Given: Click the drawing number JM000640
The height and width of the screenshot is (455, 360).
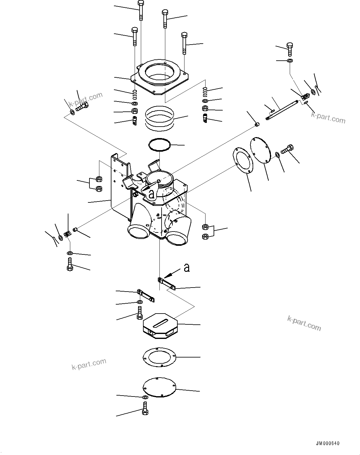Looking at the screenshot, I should click(x=328, y=444).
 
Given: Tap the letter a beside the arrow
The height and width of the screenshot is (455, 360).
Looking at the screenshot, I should click(x=186, y=267).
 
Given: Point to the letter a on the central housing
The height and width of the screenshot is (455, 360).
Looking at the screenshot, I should click(x=151, y=194).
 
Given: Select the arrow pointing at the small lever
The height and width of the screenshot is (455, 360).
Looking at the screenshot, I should click(x=171, y=273).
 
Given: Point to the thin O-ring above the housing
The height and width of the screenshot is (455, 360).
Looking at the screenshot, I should click(x=160, y=145).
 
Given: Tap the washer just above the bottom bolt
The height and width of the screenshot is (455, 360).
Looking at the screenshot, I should click(x=145, y=397).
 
